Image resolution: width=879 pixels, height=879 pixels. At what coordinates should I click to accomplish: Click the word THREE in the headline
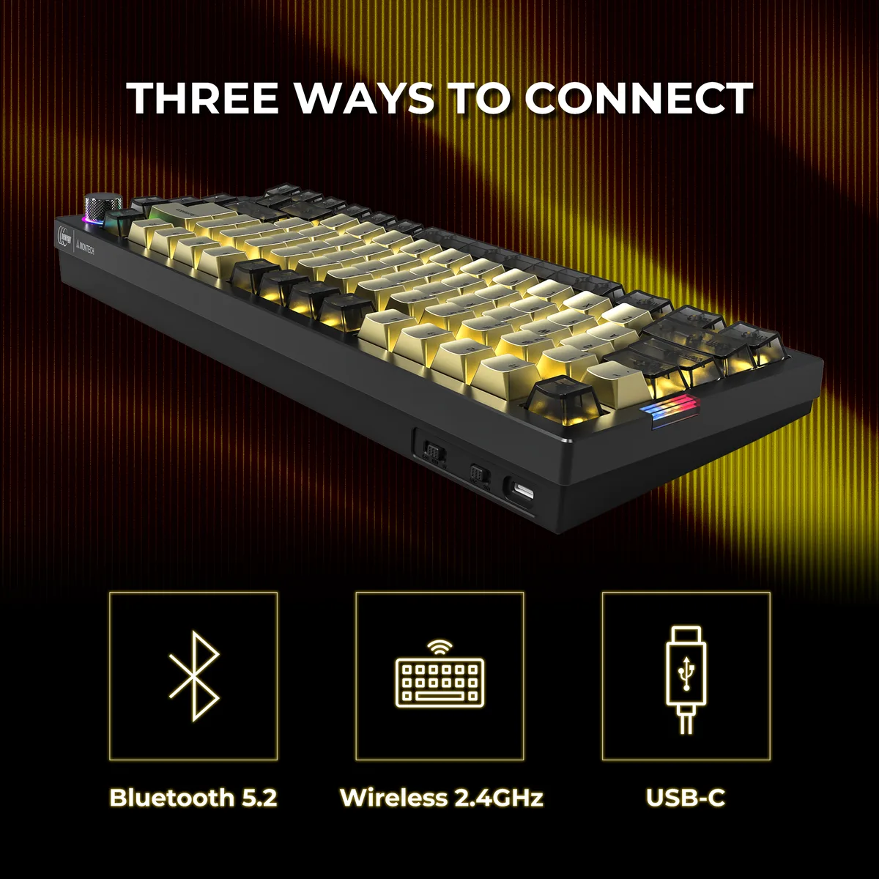click(x=203, y=97)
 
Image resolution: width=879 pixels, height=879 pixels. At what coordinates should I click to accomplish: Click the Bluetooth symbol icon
click(x=194, y=675)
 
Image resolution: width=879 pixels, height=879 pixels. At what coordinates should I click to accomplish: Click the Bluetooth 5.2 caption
click(x=193, y=798)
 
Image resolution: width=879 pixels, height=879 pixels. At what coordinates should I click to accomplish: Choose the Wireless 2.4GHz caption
click(x=442, y=798)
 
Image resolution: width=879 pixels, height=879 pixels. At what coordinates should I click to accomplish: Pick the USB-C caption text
click(x=686, y=798)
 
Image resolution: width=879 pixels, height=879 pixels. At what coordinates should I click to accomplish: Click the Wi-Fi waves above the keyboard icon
click(x=439, y=648)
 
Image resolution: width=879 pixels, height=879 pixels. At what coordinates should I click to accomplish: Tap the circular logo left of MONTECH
click(x=64, y=237)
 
